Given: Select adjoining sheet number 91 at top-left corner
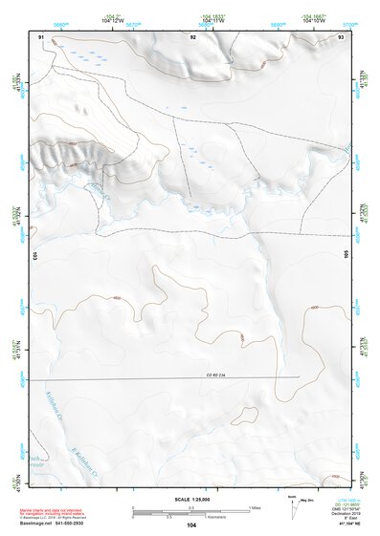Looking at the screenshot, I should (x=41, y=35).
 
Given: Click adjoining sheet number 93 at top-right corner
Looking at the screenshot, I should (x=341, y=35).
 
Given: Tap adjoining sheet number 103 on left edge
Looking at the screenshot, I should (x=33, y=256).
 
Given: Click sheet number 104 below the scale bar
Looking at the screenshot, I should (x=194, y=526).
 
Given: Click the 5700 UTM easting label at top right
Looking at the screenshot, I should (x=350, y=25).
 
